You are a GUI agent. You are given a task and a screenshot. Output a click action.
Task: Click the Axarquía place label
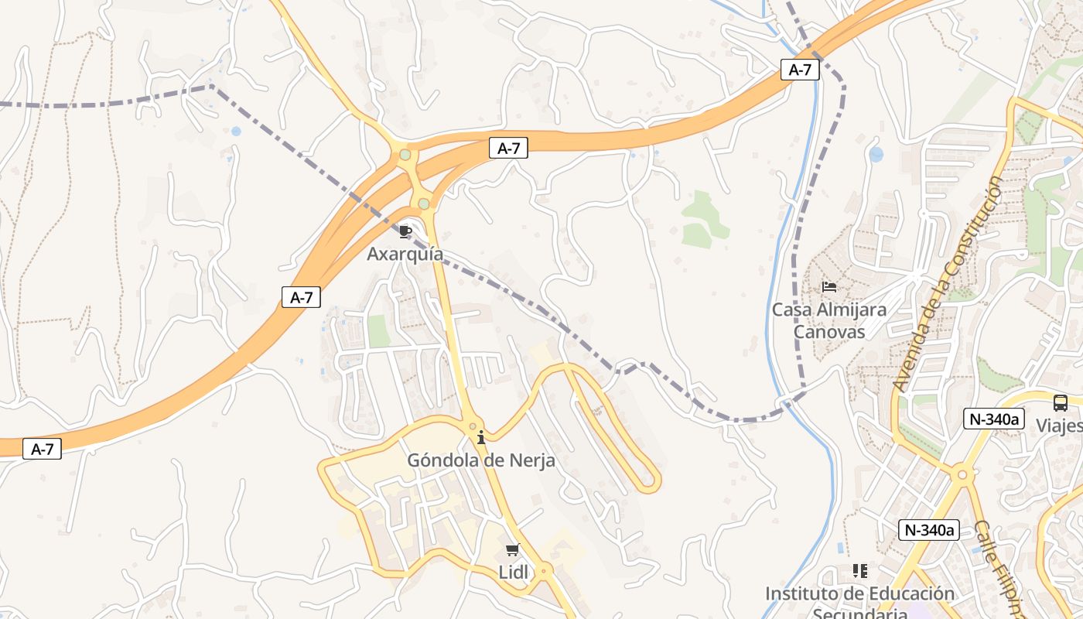tap(405, 254)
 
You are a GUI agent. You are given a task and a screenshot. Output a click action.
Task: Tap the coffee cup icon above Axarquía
tap(405, 231)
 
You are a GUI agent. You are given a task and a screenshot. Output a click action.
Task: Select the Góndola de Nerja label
tap(481, 460)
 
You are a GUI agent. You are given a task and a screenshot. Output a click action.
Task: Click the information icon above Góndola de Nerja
tap(481, 437)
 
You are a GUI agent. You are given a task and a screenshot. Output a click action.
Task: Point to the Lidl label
tap(513, 573)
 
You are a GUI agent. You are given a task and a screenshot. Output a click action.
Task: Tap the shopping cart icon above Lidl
tap(512, 549)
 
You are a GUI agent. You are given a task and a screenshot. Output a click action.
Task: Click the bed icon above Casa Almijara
tap(829, 287)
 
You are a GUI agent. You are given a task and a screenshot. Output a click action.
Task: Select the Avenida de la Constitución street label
tap(948, 283)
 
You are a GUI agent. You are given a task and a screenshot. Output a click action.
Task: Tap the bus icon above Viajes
tap(1060, 402)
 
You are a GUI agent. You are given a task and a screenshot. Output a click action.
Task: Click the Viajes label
tap(1060, 426)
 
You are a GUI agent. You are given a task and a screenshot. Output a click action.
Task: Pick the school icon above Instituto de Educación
tap(859, 571)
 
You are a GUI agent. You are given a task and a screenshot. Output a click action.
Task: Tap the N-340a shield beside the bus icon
tap(994, 419)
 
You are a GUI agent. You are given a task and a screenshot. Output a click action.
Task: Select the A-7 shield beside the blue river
tap(799, 70)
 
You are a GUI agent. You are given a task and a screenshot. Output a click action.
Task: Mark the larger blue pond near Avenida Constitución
tap(876, 154)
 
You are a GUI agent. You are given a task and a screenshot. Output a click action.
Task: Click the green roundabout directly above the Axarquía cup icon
tap(423, 203)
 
